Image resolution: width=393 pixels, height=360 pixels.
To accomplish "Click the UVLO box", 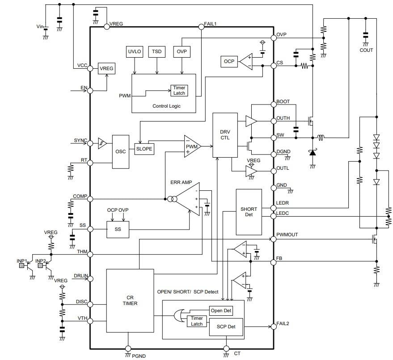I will click(x=135, y=52).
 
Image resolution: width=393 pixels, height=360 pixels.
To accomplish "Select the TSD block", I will click(x=156, y=52).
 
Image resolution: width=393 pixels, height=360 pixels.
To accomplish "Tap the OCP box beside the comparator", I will click(x=228, y=61).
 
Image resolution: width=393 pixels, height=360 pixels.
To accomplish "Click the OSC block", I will click(x=121, y=151).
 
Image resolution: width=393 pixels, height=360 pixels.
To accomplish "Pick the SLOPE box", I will click(x=144, y=149).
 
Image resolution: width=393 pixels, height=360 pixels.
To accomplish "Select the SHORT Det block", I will click(x=249, y=212).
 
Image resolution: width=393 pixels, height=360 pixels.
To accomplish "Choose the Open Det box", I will click(x=221, y=310).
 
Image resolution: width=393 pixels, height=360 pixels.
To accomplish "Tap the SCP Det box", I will click(x=226, y=327).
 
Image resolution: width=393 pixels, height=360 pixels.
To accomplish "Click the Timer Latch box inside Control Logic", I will click(x=179, y=90).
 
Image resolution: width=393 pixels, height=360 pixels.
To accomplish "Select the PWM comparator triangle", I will click(x=192, y=147).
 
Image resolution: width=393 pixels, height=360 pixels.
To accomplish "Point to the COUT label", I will click(x=366, y=50).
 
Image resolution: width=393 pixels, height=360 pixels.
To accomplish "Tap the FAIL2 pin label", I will click(x=283, y=323).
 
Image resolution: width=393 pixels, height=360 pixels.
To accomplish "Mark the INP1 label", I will click(x=22, y=260).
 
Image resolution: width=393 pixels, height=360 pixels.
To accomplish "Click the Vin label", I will click(x=40, y=27).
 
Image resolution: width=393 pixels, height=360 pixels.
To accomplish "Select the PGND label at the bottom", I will click(x=139, y=356).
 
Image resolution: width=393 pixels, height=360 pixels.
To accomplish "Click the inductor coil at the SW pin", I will click(x=321, y=137).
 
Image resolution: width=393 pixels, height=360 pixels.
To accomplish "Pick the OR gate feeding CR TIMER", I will click(x=179, y=317).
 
